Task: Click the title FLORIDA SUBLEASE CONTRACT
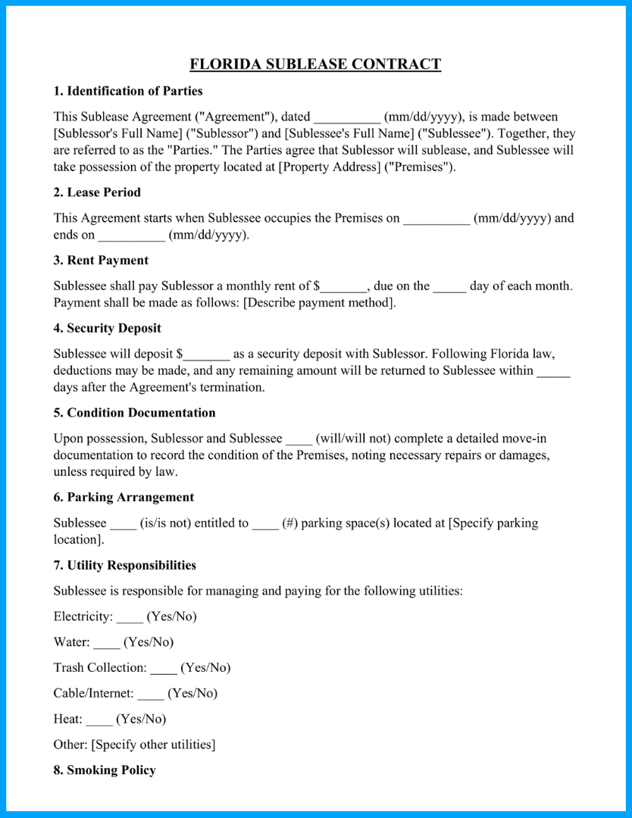[315, 64]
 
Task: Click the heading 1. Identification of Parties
[128, 92]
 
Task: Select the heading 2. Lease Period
[97, 192]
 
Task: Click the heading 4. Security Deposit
[107, 329]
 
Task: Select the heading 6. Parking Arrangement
[124, 498]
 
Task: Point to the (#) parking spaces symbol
[289, 523]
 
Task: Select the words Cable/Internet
[93, 694]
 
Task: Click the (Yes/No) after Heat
[141, 720]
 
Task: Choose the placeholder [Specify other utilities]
[153, 745]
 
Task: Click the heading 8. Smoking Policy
[105, 770]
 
